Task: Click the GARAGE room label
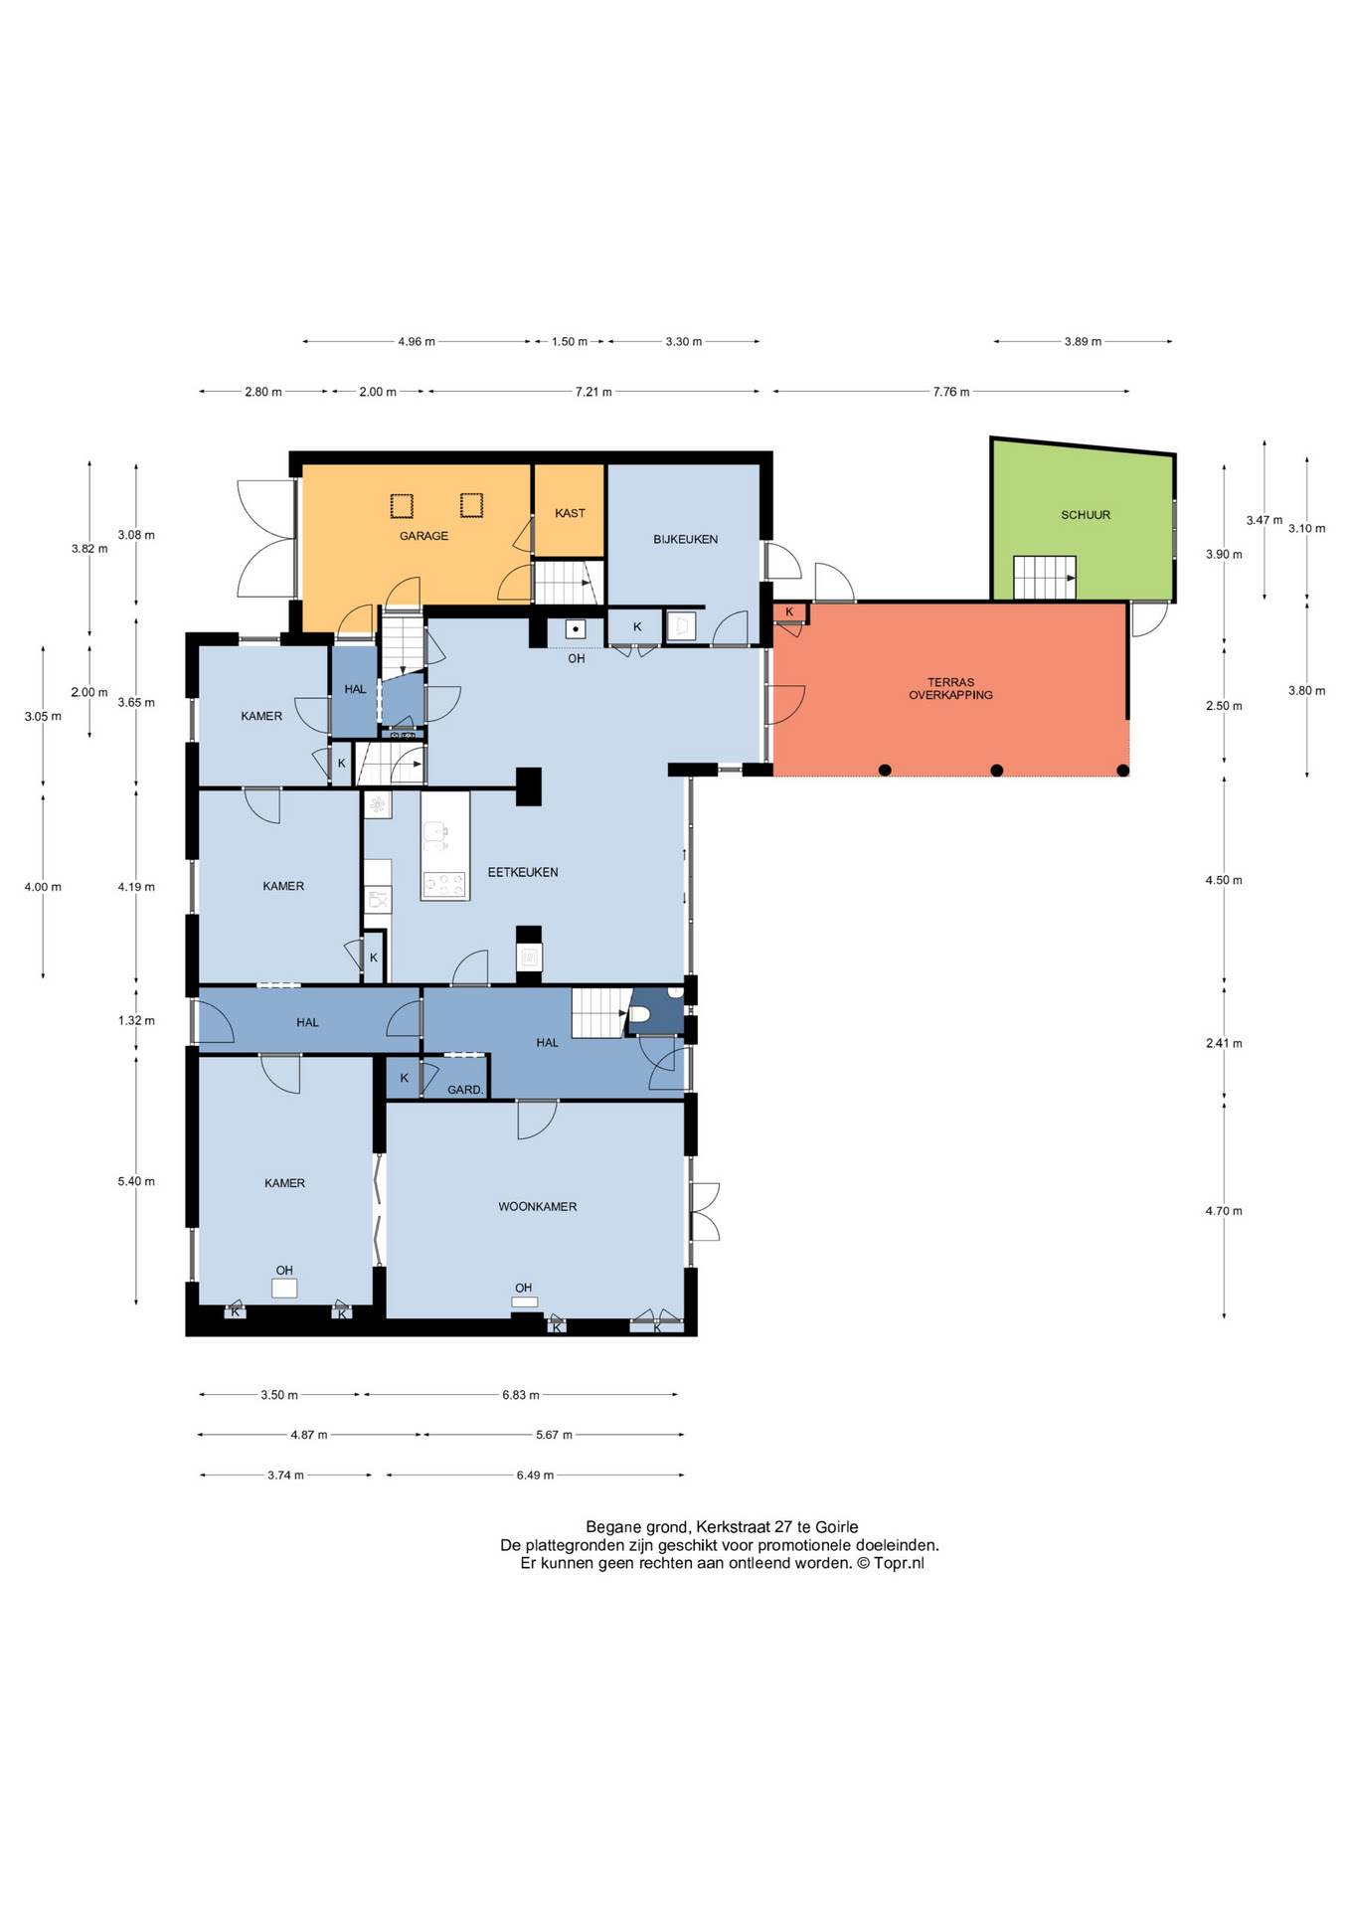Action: (x=423, y=536)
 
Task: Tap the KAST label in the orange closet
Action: (x=570, y=513)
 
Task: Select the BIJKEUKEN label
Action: (x=685, y=539)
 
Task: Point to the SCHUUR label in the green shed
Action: (x=1086, y=515)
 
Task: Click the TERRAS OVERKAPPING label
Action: (x=950, y=689)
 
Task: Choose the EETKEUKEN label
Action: (x=523, y=872)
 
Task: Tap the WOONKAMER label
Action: (x=538, y=1206)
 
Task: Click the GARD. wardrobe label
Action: (x=465, y=1090)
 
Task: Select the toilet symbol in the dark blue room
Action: (x=639, y=1015)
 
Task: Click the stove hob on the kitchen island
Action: (x=444, y=884)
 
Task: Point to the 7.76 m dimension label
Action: (x=950, y=392)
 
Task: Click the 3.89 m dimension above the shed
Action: (x=1083, y=342)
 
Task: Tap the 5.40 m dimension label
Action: (x=136, y=1181)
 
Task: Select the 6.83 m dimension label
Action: (x=521, y=1395)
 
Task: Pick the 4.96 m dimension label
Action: (x=417, y=342)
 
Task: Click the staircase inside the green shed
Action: (x=1045, y=578)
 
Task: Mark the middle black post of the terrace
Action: (x=997, y=771)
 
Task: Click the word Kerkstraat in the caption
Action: (x=732, y=1527)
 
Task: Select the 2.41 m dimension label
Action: (x=1224, y=1043)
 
